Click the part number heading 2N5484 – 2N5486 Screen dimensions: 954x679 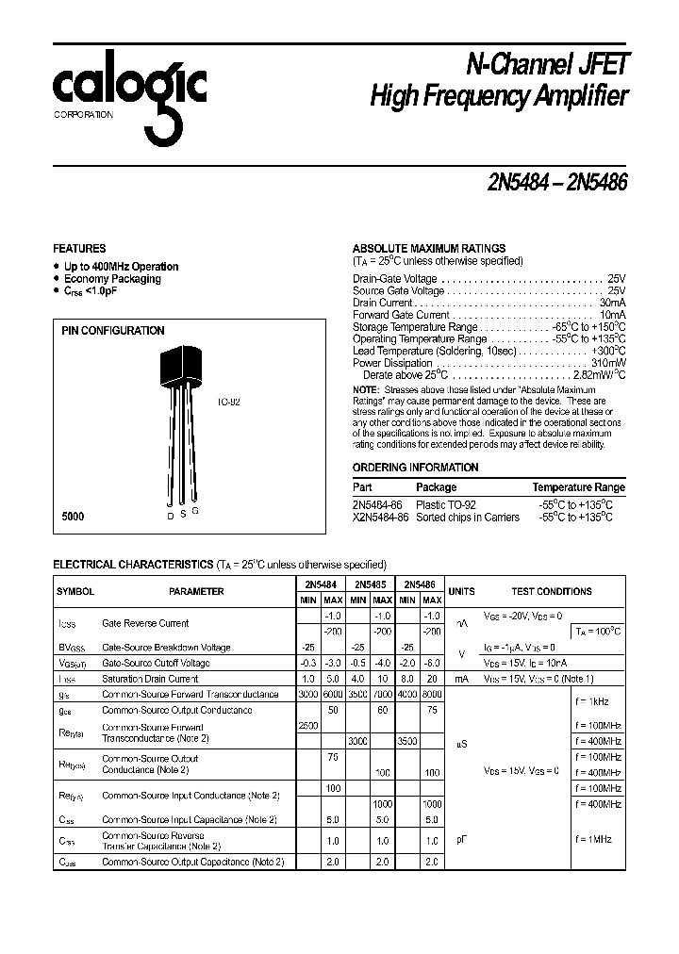544,182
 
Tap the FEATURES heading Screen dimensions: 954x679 79,249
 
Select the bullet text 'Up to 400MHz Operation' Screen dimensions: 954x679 121,267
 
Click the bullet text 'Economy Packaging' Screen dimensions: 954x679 112,279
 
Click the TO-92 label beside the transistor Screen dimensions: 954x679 228,402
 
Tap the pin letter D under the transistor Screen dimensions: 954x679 170,517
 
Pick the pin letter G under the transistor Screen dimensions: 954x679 194,511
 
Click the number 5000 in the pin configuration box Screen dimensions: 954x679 73,517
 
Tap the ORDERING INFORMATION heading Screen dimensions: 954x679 415,468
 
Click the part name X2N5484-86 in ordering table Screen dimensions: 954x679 380,518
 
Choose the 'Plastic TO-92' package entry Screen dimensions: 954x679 446,505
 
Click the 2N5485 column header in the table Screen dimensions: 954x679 369,584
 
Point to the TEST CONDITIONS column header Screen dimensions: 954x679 552,591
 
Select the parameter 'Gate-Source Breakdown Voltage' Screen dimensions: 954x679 166,648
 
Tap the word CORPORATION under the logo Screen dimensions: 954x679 83,115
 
